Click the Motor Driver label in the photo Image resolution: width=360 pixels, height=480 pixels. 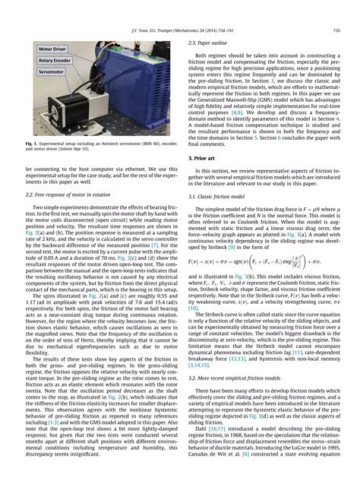(53, 49)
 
